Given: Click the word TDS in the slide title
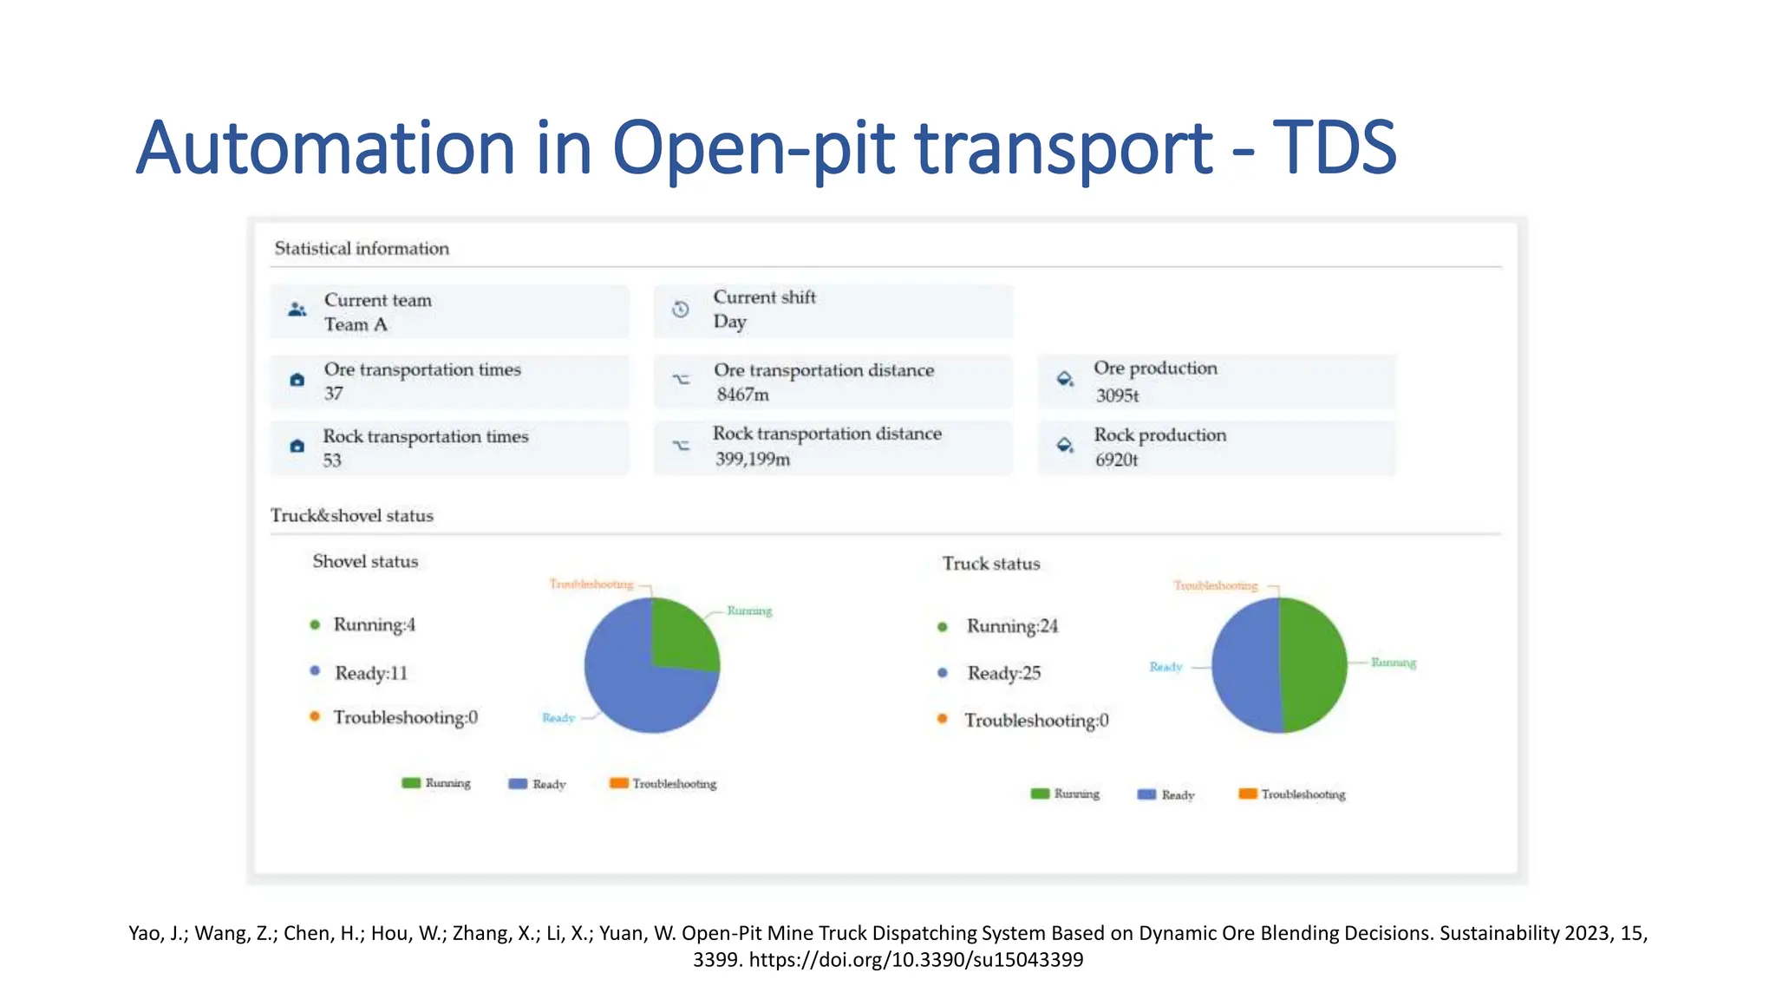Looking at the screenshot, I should tap(1334, 147).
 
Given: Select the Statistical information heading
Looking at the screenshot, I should tap(362, 249).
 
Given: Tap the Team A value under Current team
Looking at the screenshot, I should tap(356, 325).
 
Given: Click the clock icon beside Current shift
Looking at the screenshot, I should tap(681, 310).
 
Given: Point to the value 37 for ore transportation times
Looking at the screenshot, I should tap(334, 394).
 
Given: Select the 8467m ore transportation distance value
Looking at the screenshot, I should tap(742, 395).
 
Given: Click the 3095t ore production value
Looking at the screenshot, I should tap(1117, 395).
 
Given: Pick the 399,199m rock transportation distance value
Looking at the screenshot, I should tap(752, 460).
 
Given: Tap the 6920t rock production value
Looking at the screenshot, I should tap(1116, 460).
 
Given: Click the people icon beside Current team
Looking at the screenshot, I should tap(297, 310).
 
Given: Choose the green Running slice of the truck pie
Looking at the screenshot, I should tap(1314, 665).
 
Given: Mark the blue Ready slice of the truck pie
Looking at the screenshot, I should tap(1244, 665).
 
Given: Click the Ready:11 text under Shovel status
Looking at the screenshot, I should tap(371, 673).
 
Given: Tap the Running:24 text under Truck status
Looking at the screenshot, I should tap(1012, 626).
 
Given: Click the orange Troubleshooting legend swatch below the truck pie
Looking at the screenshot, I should tap(1247, 793).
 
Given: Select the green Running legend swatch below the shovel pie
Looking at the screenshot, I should tap(411, 783).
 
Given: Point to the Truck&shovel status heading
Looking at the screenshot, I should tap(351, 516).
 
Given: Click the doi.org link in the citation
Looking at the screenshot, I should tap(916, 960).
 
